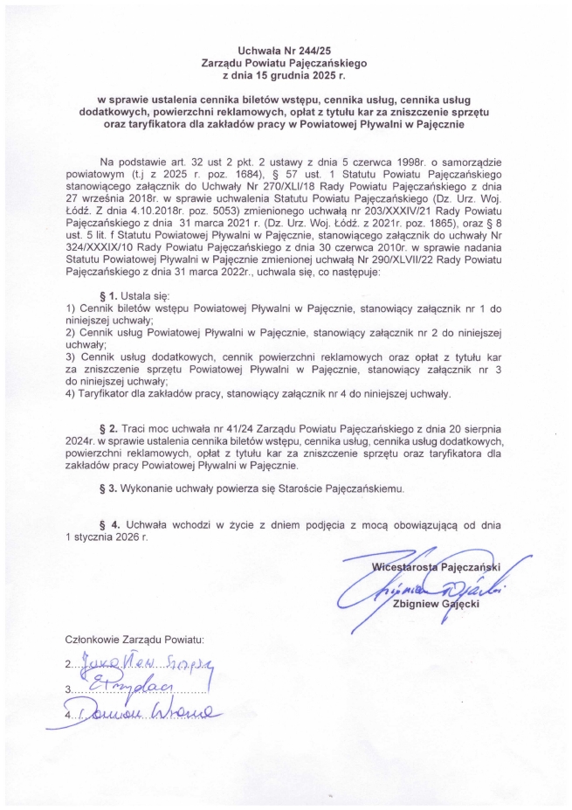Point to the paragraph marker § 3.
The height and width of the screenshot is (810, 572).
112,488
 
